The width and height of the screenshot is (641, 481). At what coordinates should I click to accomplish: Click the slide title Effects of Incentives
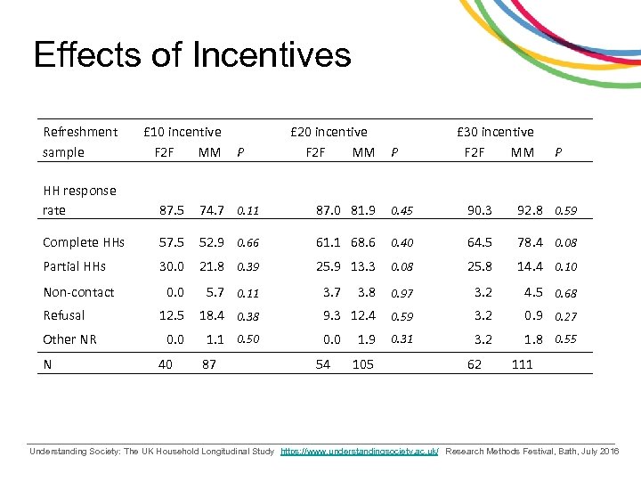[192, 55]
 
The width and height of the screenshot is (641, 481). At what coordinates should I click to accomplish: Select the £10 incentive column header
[183, 132]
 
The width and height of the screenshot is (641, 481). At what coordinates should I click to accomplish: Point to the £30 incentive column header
[495, 132]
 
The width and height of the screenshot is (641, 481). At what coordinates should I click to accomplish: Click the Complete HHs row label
[84, 242]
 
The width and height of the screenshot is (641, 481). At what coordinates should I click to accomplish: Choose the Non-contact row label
[79, 291]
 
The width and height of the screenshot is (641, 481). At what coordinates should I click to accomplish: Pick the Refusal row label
[64, 314]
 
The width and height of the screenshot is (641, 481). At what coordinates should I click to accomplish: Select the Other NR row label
[69, 338]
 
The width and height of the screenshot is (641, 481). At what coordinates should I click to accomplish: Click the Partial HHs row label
[74, 265]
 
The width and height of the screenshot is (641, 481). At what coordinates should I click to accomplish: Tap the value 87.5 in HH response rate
[172, 210]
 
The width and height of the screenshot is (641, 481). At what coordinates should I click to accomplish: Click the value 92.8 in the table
[531, 210]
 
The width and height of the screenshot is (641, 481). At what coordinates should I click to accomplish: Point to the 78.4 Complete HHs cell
[531, 242]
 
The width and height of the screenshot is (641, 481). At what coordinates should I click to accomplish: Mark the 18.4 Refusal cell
[211, 314]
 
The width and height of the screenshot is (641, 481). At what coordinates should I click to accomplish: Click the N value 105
[362, 363]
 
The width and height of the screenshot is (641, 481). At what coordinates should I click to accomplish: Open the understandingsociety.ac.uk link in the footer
[360, 452]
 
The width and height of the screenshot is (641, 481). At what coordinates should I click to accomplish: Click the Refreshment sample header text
[80, 142]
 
